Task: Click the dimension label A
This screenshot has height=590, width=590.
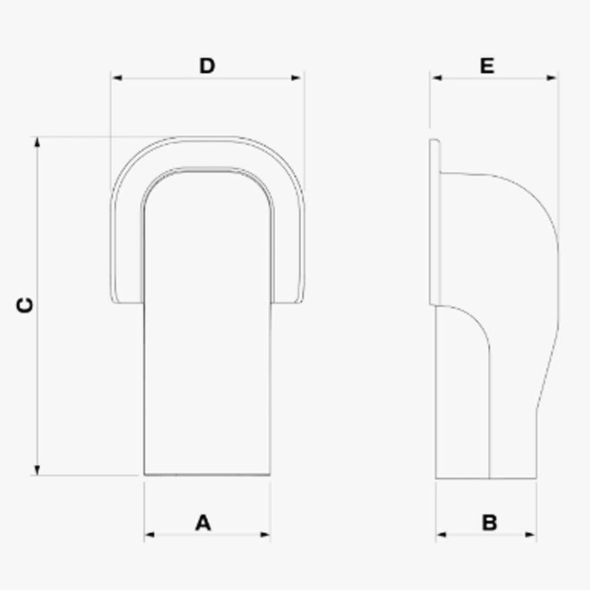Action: [202, 522]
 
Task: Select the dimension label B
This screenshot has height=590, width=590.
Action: [489, 522]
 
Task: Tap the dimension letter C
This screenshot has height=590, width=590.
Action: [25, 305]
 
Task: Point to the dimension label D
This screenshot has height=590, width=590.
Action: [207, 66]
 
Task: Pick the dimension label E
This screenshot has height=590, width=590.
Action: [487, 66]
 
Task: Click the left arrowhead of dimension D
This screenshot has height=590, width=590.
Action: [115, 78]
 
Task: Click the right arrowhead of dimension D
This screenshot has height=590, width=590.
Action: [298, 78]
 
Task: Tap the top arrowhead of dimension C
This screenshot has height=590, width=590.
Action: [37, 142]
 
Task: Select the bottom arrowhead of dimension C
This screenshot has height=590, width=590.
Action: [37, 470]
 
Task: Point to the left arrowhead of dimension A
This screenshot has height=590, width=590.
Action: [149, 534]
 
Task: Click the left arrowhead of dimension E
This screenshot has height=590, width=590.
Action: [435, 78]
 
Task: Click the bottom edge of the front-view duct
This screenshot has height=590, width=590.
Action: [207, 475]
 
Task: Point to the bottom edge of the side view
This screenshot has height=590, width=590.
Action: [486, 478]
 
